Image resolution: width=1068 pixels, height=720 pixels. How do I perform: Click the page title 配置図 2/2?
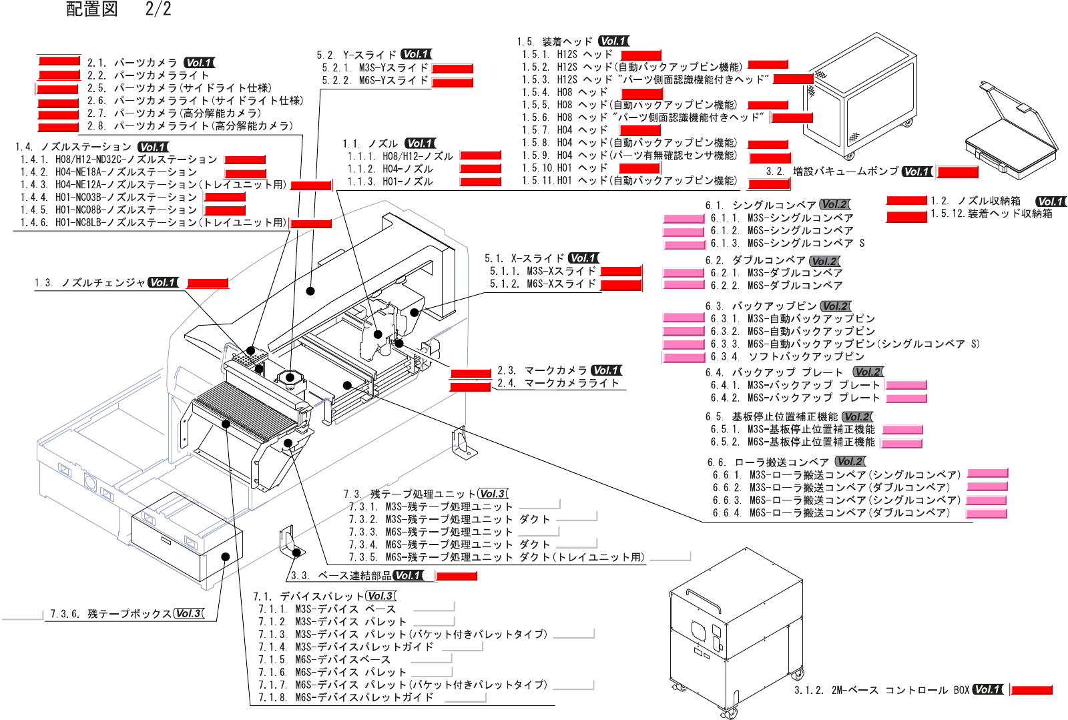tap(119, 9)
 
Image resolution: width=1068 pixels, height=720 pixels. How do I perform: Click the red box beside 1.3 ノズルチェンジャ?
tap(208, 284)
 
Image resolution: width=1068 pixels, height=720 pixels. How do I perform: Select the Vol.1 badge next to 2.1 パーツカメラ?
tap(199, 63)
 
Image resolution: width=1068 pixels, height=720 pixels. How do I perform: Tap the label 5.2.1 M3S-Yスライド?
tap(374, 68)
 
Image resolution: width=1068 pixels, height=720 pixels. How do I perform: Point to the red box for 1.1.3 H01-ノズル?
tap(481, 182)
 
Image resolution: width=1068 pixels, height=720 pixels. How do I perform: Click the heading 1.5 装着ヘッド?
tap(555, 41)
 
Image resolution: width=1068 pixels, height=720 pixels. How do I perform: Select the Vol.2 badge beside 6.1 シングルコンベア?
tap(834, 205)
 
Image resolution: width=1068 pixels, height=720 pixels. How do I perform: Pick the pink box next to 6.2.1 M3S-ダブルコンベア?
tap(684, 273)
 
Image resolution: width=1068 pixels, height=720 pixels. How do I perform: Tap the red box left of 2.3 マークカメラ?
tap(471, 373)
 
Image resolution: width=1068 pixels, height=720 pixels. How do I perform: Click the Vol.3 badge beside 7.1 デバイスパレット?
tap(381, 597)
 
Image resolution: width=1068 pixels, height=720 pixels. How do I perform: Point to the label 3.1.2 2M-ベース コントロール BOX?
tap(881, 690)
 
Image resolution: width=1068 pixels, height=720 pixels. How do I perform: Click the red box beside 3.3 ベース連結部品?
tap(457, 576)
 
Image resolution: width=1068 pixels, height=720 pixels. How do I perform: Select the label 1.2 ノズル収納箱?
tap(975, 201)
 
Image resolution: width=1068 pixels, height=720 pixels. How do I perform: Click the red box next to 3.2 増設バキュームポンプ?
tap(957, 172)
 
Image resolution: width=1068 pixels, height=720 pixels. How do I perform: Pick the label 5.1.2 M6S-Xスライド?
tap(543, 284)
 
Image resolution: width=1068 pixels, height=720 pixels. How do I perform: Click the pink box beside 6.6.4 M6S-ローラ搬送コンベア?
tap(986, 513)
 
